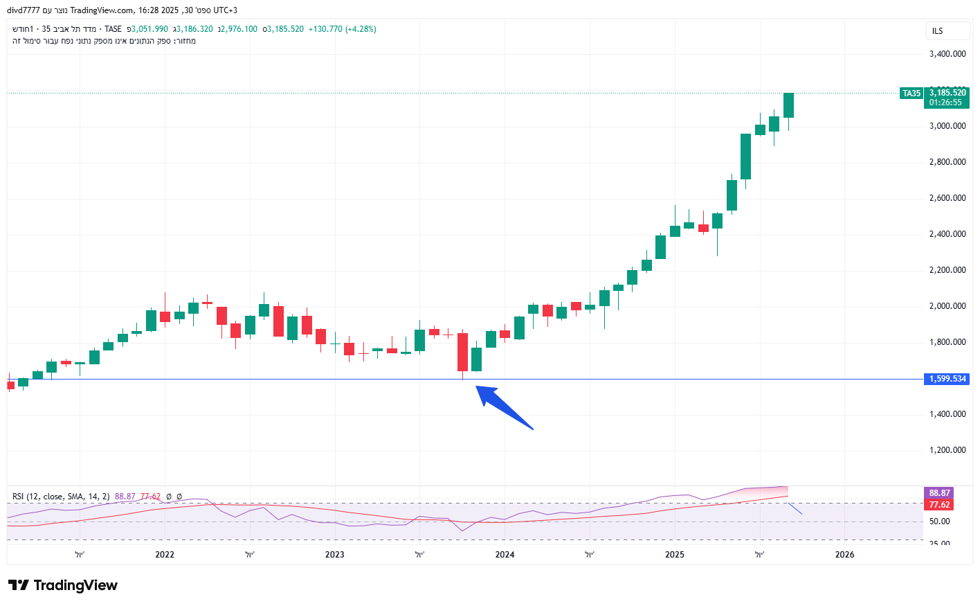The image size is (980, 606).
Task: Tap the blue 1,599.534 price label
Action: pyautogui.click(x=947, y=379)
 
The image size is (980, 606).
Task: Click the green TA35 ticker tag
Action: pyautogui.click(x=911, y=93)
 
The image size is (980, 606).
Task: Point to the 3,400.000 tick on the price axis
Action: pyautogui.click(x=947, y=54)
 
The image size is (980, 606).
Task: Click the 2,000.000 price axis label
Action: pyautogui.click(x=947, y=306)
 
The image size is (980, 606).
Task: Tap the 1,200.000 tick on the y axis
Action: pyautogui.click(x=947, y=450)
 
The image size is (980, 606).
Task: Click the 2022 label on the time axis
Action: pyautogui.click(x=165, y=555)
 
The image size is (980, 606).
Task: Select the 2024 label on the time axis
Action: pyautogui.click(x=505, y=555)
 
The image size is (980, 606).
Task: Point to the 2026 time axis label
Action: pyautogui.click(x=844, y=555)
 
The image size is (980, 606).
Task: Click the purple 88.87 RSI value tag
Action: pyautogui.click(x=939, y=493)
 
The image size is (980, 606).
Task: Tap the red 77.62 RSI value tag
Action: pyautogui.click(x=939, y=505)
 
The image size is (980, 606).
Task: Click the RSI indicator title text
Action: pyautogui.click(x=61, y=497)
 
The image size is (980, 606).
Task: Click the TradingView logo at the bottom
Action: pyautogui.click(x=63, y=585)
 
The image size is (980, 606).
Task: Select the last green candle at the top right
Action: pyautogui.click(x=788, y=105)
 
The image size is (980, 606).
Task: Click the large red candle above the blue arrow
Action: pyautogui.click(x=462, y=353)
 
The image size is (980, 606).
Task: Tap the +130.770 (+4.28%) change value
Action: pyautogui.click(x=342, y=29)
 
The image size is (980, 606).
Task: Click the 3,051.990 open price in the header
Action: pyautogui.click(x=149, y=29)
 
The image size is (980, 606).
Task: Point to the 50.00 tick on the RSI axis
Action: pyautogui.click(x=939, y=522)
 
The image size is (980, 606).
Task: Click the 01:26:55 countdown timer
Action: pyautogui.click(x=945, y=103)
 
